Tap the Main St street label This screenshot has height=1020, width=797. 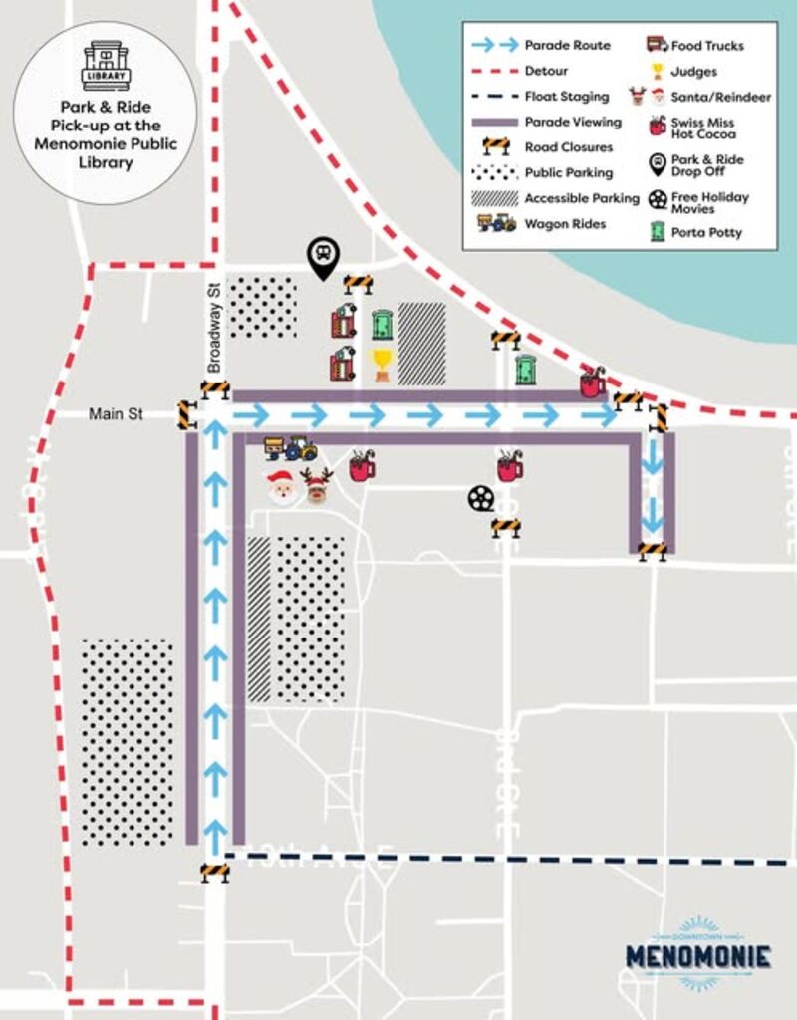coord(116,414)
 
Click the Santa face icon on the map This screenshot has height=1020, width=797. coord(282,487)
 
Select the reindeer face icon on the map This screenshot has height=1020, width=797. coord(317,486)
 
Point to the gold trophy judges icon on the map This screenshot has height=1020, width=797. coord(382,364)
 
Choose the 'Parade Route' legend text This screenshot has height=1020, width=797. coord(567,46)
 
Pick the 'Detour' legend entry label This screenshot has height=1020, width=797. coord(546,72)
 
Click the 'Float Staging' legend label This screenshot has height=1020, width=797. coord(566,97)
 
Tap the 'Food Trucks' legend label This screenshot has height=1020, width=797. coord(707,46)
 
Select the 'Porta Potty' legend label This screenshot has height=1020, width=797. coord(706,233)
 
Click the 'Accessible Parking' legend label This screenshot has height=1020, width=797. coord(582,198)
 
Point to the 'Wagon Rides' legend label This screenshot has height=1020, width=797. coord(565,224)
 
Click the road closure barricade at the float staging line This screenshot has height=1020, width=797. coord(214,874)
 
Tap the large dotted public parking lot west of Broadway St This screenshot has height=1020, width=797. coord(128,743)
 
